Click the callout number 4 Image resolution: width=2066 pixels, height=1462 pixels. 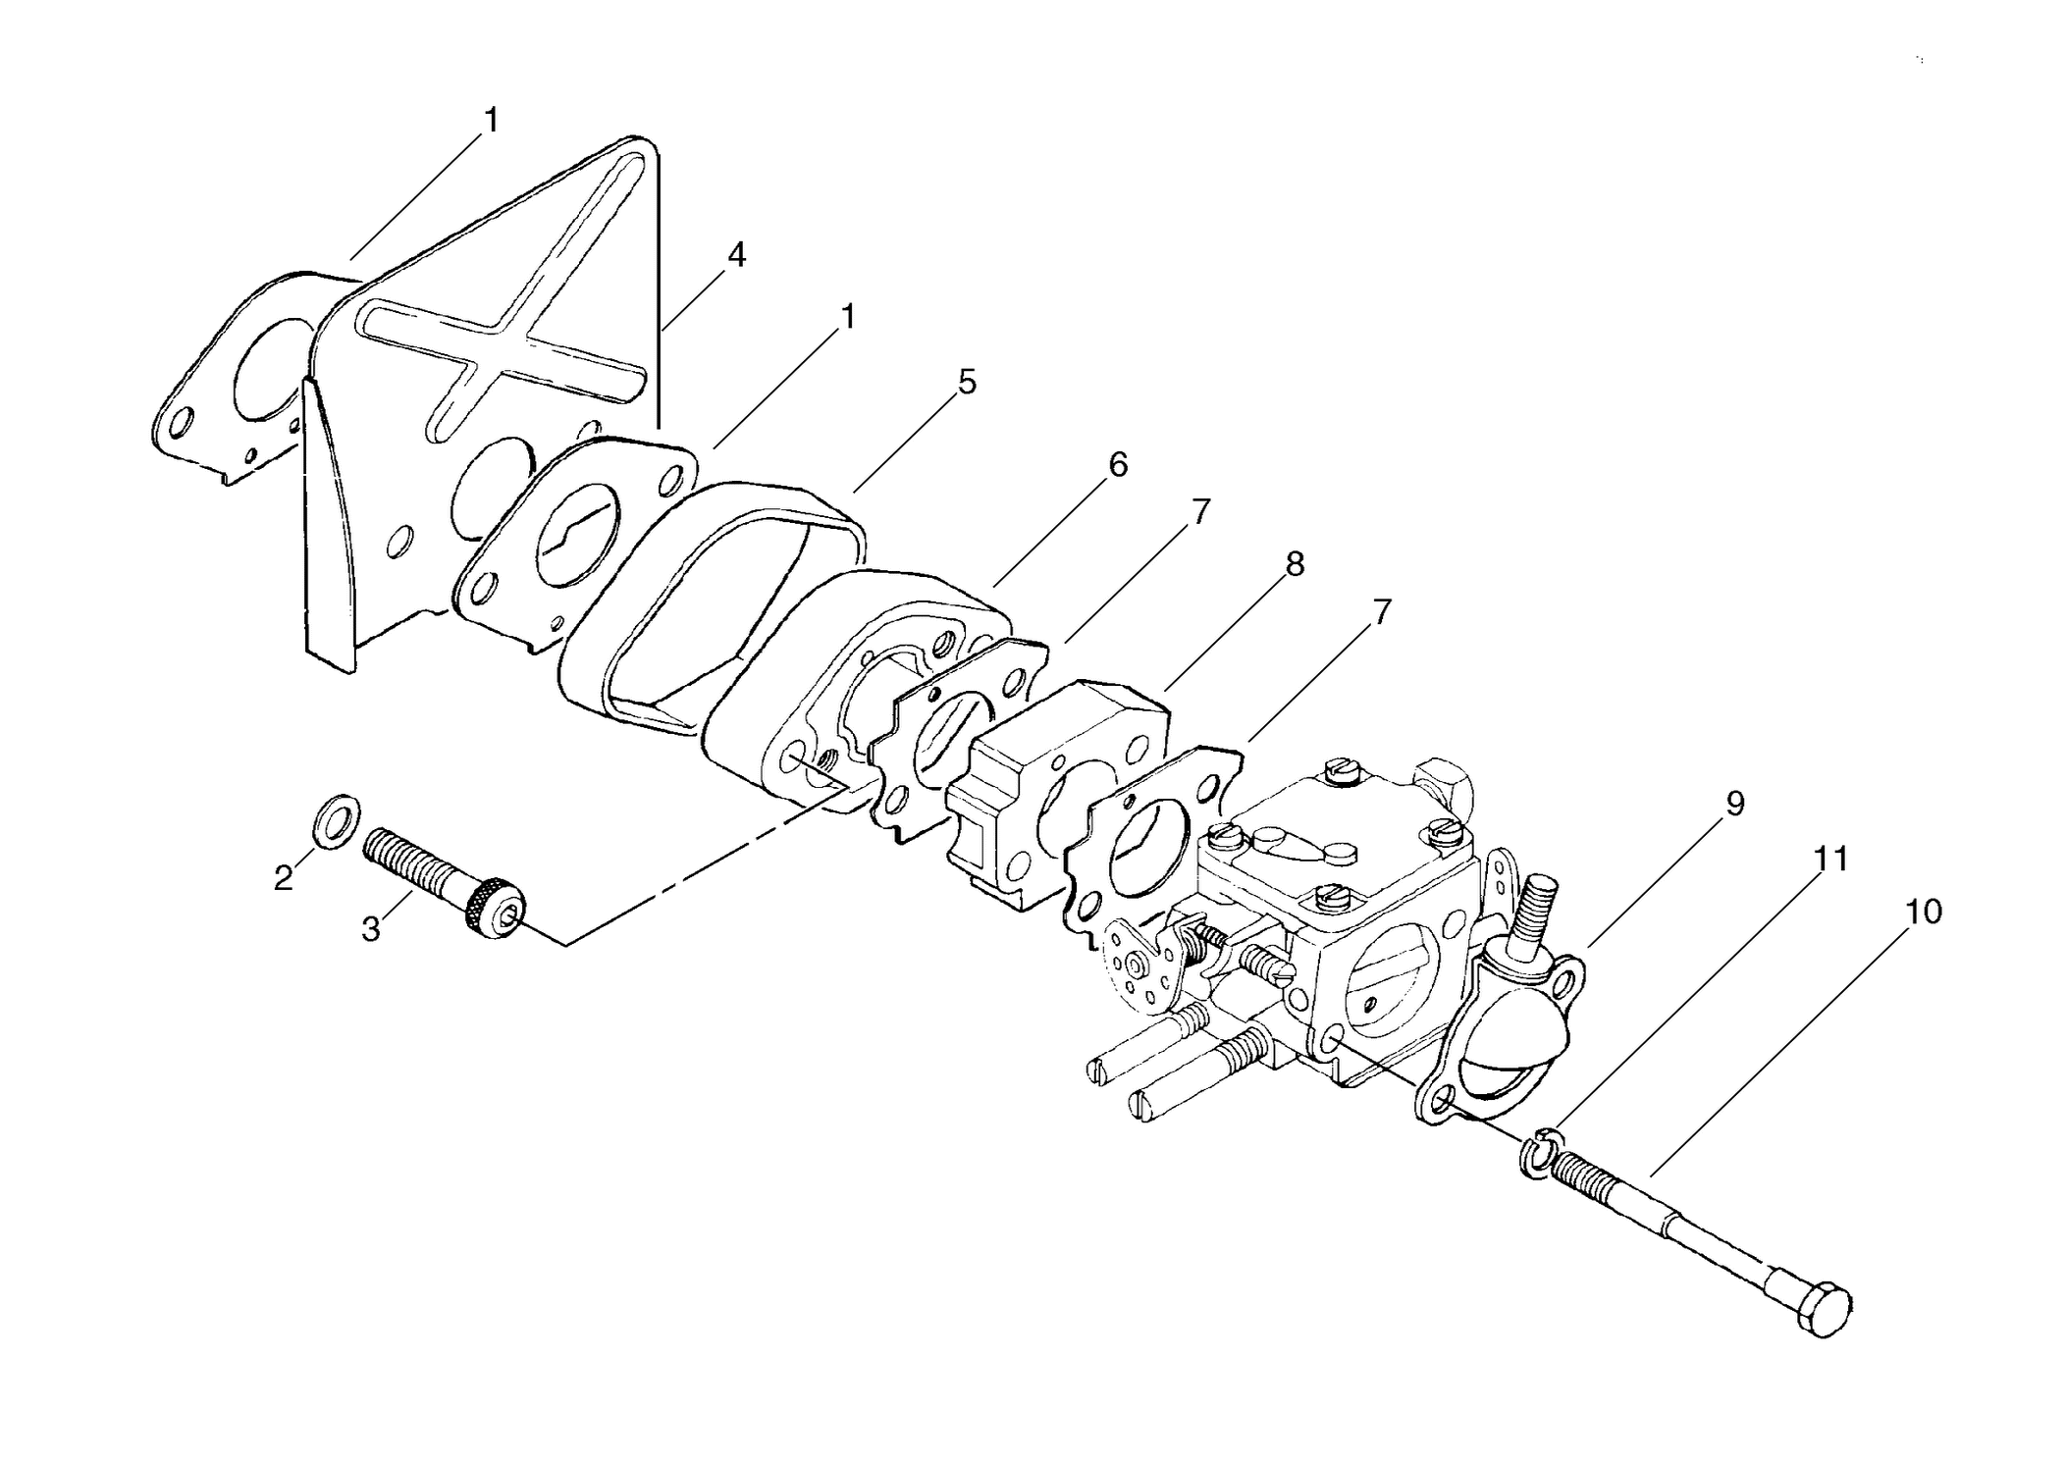(x=736, y=255)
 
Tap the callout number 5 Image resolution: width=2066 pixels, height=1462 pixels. (x=968, y=382)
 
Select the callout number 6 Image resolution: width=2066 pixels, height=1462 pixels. (x=1118, y=464)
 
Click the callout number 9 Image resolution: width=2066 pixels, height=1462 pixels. (x=1735, y=804)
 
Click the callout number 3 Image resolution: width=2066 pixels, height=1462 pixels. (x=370, y=928)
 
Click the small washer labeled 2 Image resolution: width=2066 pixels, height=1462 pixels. (x=336, y=820)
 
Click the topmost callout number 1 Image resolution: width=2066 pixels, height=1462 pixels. (x=491, y=121)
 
